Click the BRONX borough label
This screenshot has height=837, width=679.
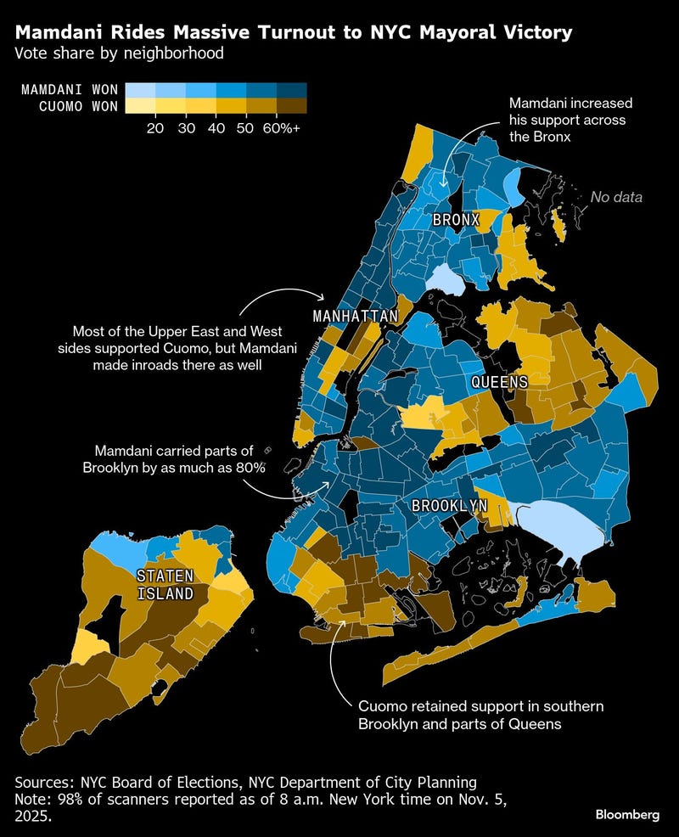(456, 220)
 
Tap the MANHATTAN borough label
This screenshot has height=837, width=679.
(356, 317)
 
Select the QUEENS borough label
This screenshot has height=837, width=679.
(500, 382)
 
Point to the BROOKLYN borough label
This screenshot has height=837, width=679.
(449, 505)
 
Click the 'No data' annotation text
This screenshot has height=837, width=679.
(616, 197)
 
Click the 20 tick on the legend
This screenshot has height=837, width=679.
(154, 127)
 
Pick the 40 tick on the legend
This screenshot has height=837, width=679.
(216, 127)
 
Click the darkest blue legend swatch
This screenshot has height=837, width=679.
(290, 90)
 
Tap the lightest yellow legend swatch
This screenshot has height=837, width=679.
(139, 105)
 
